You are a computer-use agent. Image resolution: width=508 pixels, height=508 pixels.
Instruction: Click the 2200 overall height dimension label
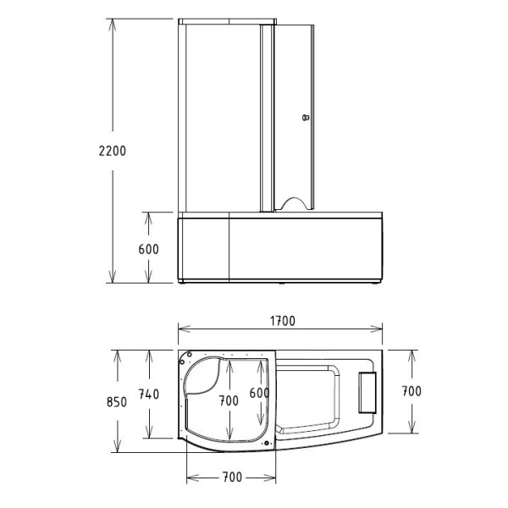(x=113, y=151)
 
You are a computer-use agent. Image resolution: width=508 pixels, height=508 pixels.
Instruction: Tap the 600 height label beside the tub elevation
(x=149, y=250)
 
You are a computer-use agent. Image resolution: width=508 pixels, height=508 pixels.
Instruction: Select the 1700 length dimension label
(x=283, y=321)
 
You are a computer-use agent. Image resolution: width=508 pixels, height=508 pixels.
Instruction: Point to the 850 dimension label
(x=117, y=402)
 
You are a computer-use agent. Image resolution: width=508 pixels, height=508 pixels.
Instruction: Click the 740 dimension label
(x=149, y=395)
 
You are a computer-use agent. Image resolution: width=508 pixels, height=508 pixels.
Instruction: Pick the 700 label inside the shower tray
(x=229, y=400)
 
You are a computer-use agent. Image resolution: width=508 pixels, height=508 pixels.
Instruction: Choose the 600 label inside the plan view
(x=259, y=393)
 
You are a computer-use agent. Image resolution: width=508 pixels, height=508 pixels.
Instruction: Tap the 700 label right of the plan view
(x=411, y=391)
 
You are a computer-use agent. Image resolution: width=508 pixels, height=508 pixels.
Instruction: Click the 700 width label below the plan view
(x=233, y=478)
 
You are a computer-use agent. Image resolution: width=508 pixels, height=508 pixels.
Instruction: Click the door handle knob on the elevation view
(x=306, y=118)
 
